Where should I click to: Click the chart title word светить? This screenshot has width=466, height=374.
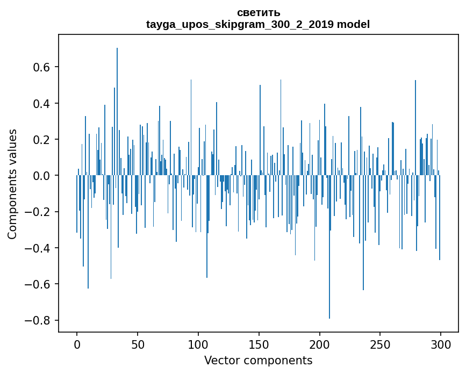coord(258,12)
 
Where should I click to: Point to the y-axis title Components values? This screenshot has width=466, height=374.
coord(12,184)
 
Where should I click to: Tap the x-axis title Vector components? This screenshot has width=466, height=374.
coord(258,360)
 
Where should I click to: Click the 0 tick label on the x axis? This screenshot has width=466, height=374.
coord(77,344)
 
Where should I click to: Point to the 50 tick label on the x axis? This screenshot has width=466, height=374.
coord(138,344)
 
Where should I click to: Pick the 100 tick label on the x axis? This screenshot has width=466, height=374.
coord(198,344)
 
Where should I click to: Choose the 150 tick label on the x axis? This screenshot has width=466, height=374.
coord(259,344)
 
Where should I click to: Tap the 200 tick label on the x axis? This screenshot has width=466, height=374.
coord(320,344)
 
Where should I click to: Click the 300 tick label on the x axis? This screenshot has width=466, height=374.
coord(441,344)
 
